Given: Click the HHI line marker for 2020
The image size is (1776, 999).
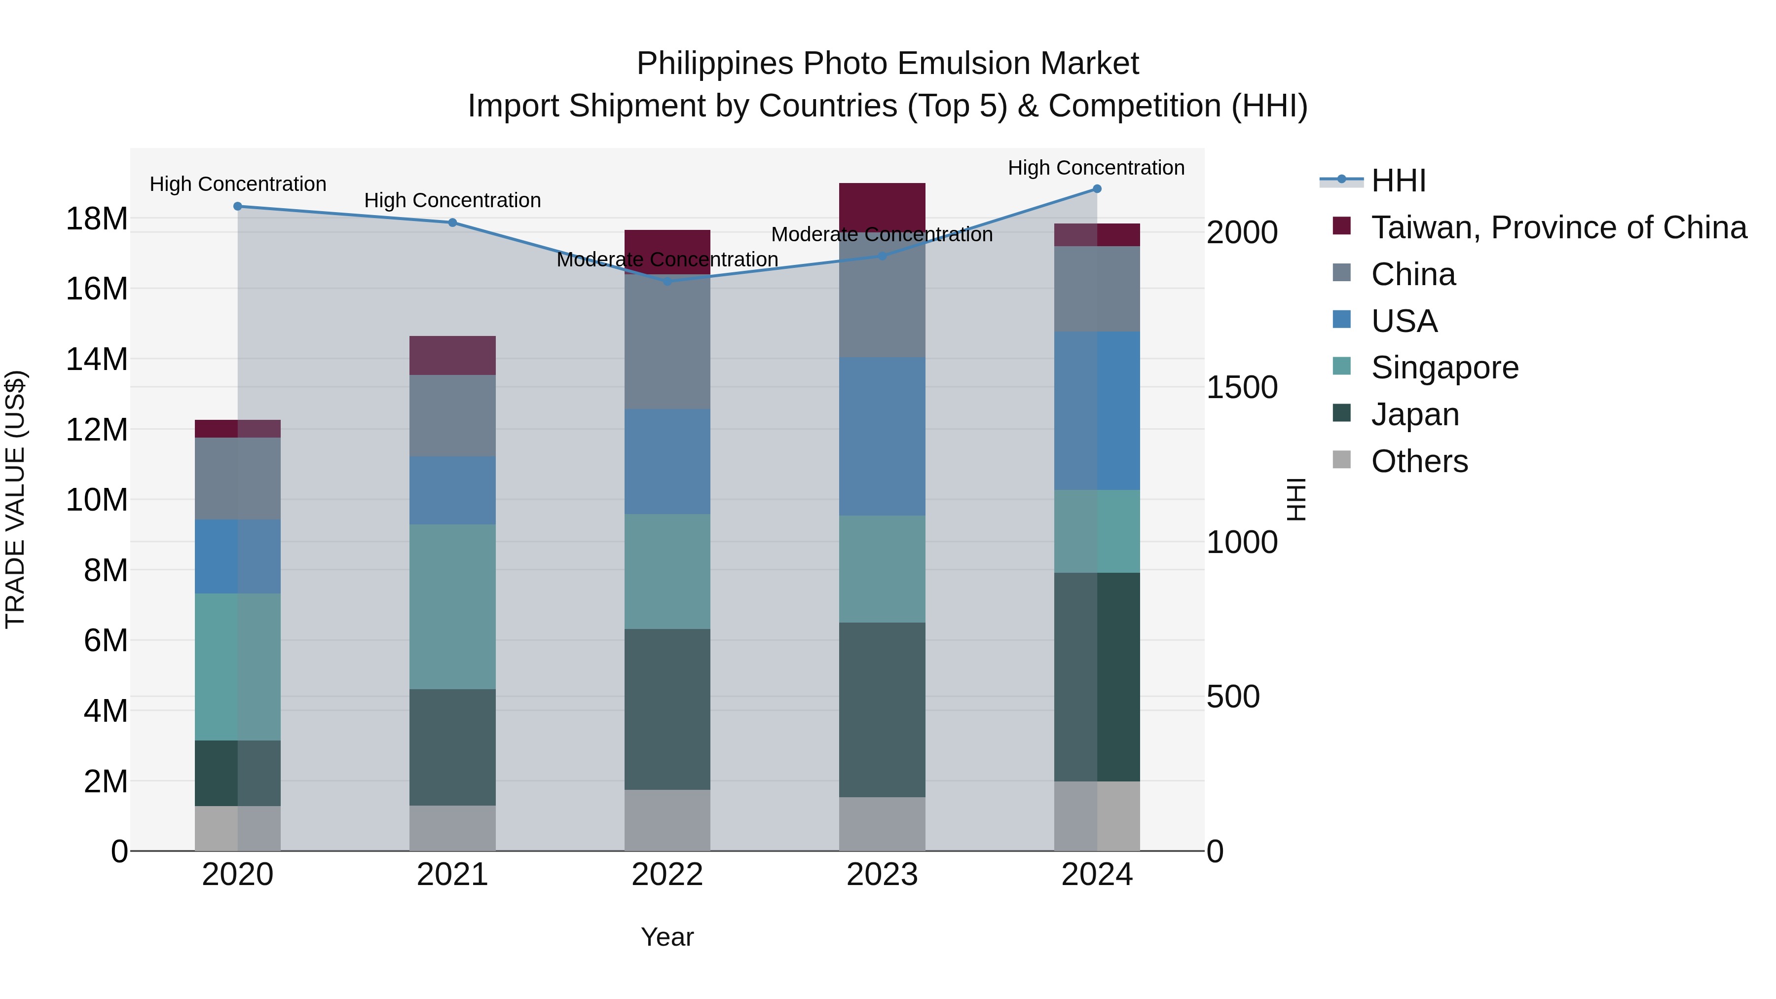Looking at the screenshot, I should (x=238, y=206).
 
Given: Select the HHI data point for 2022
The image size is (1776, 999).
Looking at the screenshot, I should (x=666, y=281).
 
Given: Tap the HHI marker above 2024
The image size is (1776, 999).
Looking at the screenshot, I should (x=1097, y=189).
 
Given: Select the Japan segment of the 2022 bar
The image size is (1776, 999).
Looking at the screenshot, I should (x=666, y=709).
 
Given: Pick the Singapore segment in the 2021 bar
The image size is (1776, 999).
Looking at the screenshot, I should (x=452, y=607).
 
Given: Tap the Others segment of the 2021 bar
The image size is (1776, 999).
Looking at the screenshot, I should (x=452, y=827).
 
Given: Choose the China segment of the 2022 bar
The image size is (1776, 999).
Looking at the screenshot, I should (x=666, y=342).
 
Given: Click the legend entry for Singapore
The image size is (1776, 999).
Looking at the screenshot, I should (x=1444, y=368).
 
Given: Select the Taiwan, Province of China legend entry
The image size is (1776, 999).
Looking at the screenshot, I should (x=1558, y=227).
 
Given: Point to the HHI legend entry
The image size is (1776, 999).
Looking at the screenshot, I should (x=1398, y=181).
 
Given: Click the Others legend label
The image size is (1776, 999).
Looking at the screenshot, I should (x=1419, y=461).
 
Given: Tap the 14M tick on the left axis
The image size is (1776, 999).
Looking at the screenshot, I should (x=97, y=359).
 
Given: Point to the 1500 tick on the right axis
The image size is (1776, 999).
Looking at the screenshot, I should (x=1242, y=387).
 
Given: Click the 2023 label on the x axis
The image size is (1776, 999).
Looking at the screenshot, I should (x=882, y=875).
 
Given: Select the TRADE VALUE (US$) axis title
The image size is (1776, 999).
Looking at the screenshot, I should (x=15, y=499).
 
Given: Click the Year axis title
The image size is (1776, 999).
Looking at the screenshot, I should (x=666, y=937).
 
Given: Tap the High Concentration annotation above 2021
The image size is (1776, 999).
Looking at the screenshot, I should (x=452, y=201).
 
